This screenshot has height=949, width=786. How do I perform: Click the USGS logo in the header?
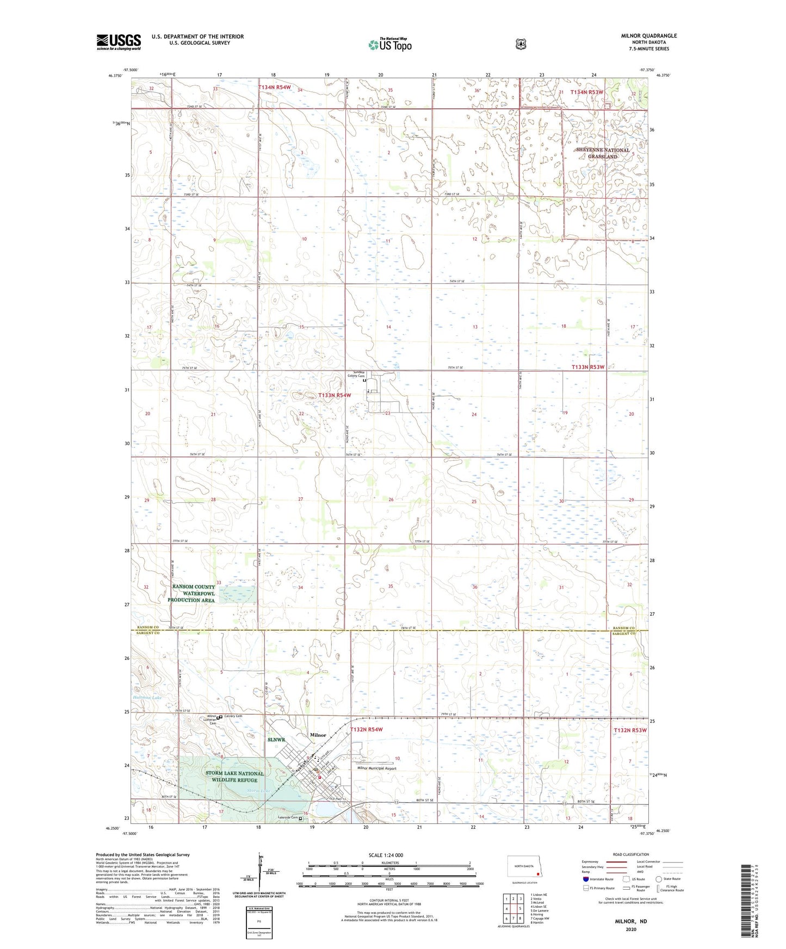pyautogui.click(x=119, y=42)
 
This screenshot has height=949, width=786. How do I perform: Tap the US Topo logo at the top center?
pyautogui.click(x=389, y=45)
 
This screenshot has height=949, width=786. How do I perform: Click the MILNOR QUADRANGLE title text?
pyautogui.click(x=648, y=36)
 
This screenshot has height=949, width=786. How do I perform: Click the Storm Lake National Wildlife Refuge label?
pyautogui.click(x=234, y=777)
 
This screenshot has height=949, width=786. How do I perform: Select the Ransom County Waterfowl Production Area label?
pyautogui.click(x=194, y=594)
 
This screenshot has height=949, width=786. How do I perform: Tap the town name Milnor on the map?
pyautogui.click(x=318, y=735)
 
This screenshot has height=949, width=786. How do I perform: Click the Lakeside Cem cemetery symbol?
pyautogui.click(x=300, y=818)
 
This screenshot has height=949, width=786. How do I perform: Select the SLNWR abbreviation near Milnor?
pyautogui.click(x=276, y=740)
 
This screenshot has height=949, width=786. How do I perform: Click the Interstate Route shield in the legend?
pyautogui.click(x=585, y=878)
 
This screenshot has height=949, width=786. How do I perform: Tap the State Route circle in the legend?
pyautogui.click(x=659, y=878)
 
